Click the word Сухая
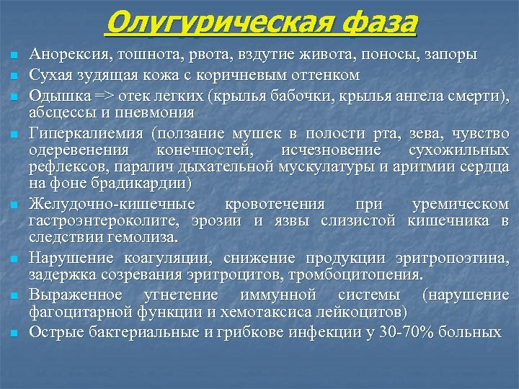pyautogui.click(x=47, y=75)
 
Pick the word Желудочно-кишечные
pyautogui.click(x=104, y=203)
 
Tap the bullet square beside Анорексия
pyautogui.click(x=13, y=56)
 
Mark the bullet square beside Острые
pyautogui.click(x=13, y=333)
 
